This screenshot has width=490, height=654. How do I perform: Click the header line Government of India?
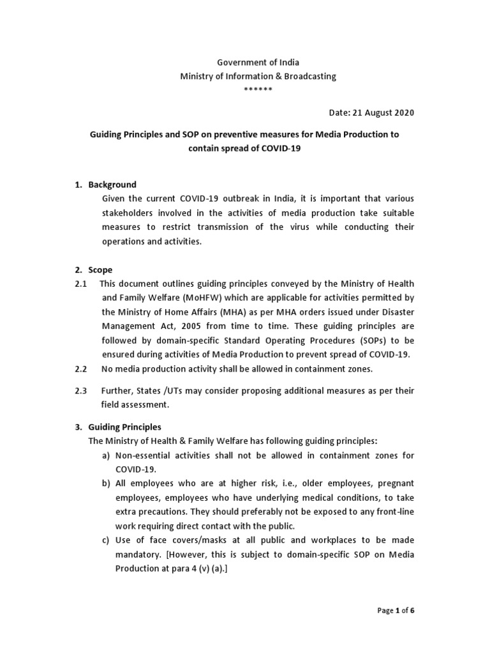258,63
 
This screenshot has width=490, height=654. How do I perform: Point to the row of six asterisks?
258,89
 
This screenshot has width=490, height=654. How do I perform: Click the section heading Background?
112,185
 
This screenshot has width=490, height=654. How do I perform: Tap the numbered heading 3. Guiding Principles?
118,427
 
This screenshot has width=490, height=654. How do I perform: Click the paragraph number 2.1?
81,283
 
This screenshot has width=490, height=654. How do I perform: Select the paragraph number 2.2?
81,369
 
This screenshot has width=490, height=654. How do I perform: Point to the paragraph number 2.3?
81,390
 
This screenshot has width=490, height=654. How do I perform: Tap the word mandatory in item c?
136,554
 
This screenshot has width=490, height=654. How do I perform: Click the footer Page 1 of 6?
396,611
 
